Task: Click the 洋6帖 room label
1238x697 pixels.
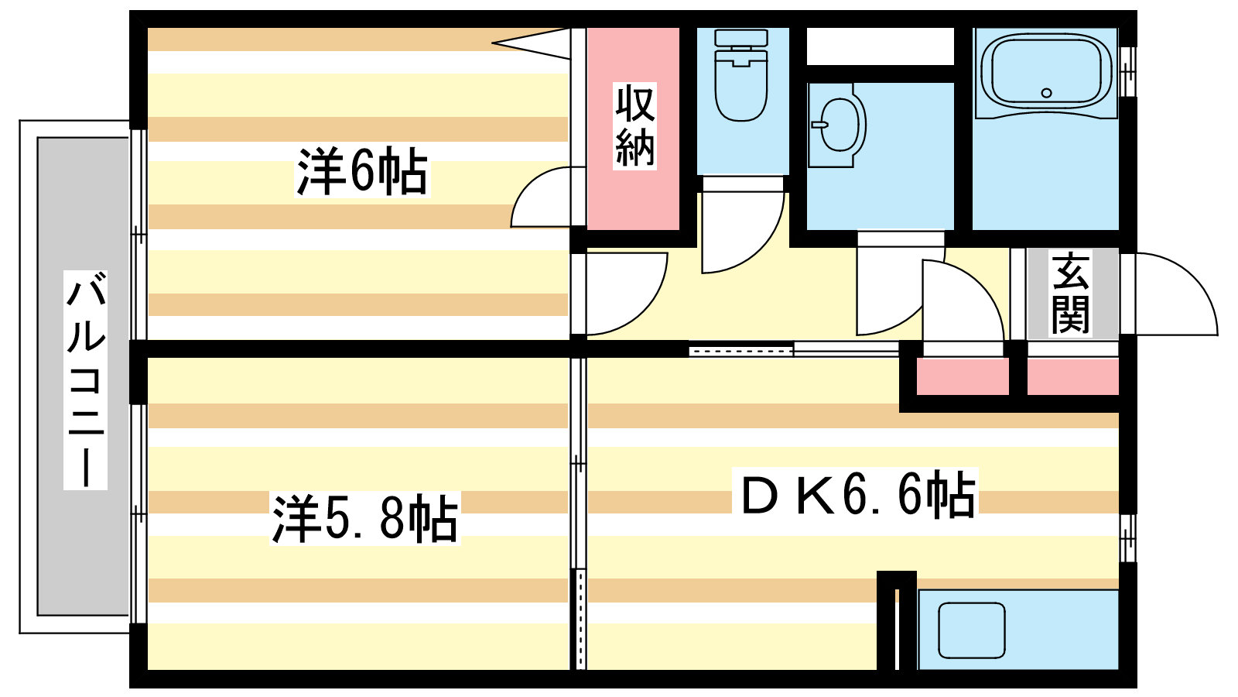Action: pos(362,171)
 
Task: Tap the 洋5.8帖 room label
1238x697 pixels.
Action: pos(364,518)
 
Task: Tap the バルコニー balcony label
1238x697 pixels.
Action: pos(85,380)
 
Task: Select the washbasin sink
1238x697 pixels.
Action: pos(836,125)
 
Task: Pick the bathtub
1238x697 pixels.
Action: pos(1046,73)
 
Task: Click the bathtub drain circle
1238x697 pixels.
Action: pos(1046,93)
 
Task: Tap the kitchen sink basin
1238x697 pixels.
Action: pos(972,630)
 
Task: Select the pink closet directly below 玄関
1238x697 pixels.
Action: pos(1072,376)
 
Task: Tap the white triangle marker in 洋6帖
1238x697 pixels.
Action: pos(531,43)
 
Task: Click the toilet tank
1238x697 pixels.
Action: pos(741,38)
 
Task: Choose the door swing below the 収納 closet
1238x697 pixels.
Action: pos(627,294)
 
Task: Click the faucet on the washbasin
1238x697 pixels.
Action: pos(819,125)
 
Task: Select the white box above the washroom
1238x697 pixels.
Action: pos(881,46)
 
